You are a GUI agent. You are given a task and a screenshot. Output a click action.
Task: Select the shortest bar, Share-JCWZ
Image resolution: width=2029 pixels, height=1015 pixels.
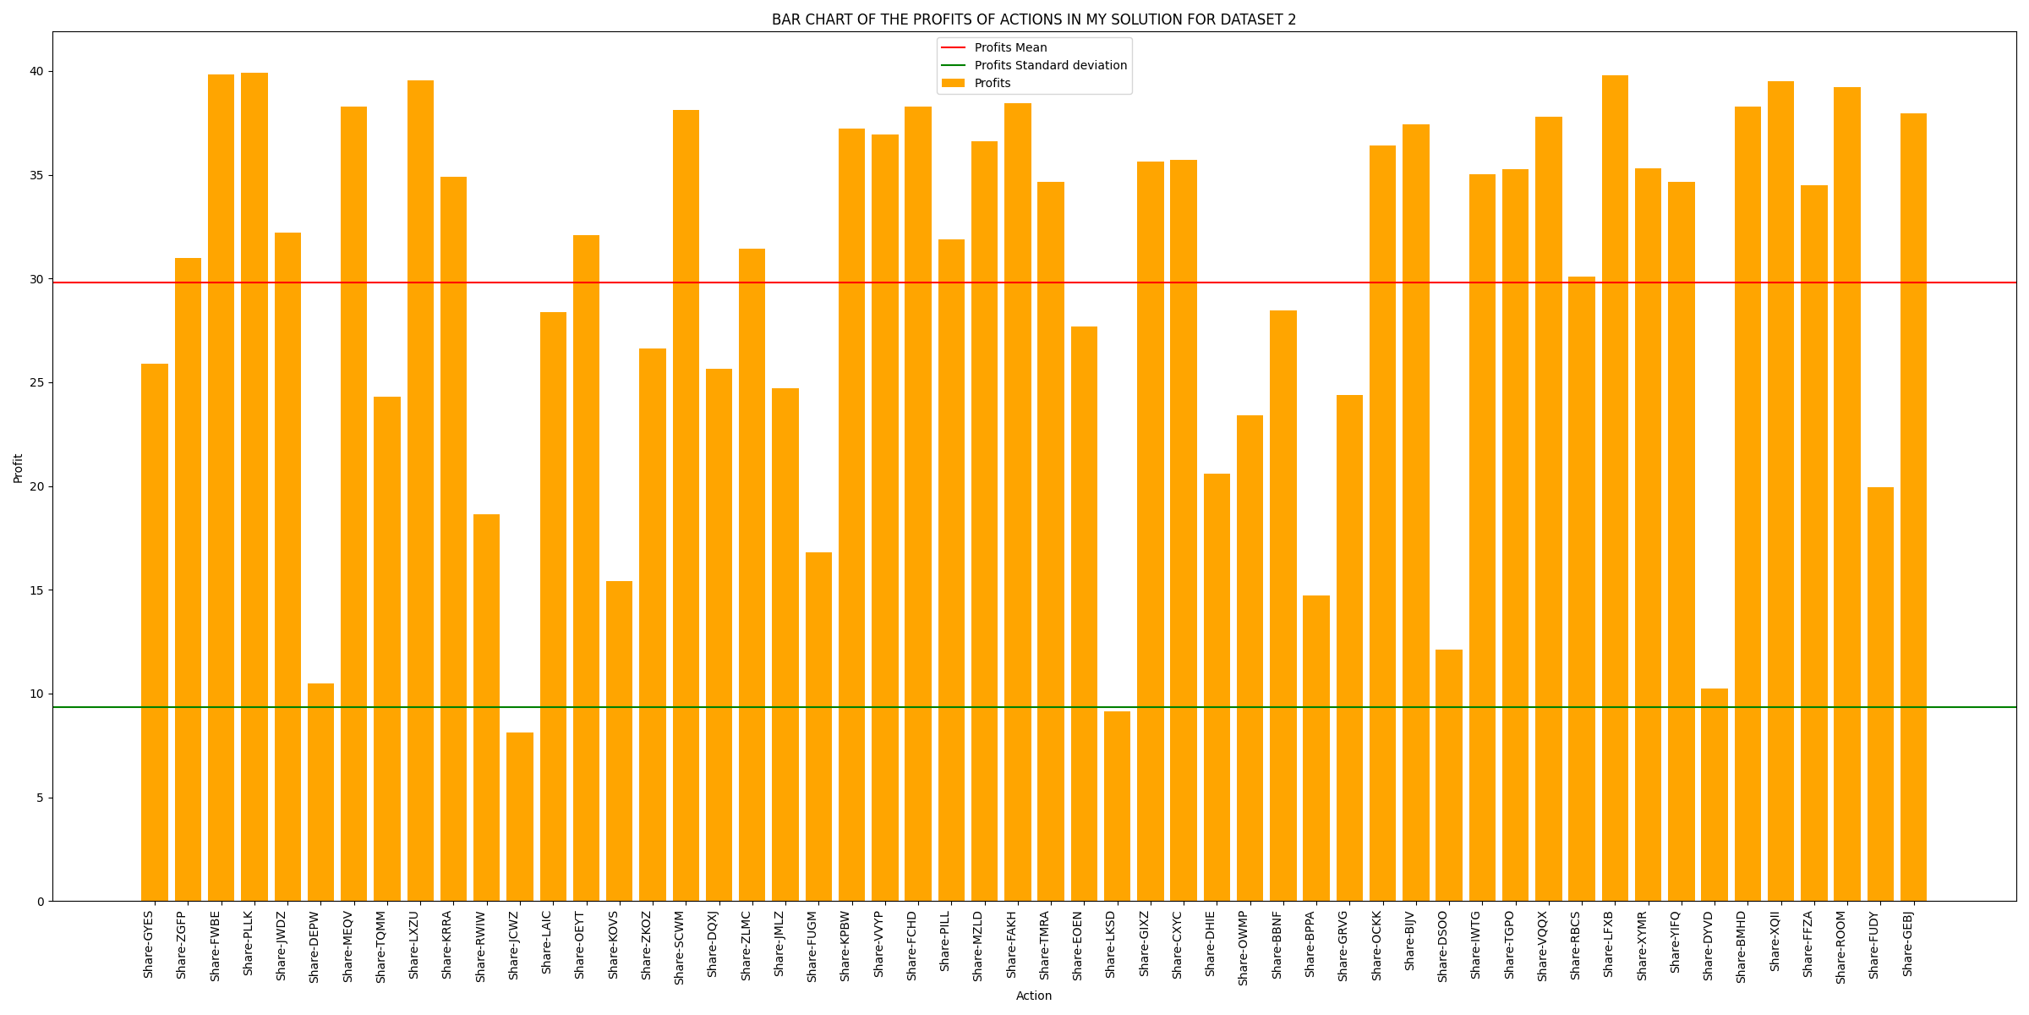(x=520, y=816)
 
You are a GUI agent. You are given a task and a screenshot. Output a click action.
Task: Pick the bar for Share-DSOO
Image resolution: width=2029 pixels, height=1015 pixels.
(x=1449, y=775)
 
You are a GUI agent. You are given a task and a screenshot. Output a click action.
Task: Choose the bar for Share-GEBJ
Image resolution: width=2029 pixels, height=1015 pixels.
(x=1913, y=507)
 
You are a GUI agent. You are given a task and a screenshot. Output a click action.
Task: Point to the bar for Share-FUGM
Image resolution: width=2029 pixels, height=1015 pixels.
(x=818, y=727)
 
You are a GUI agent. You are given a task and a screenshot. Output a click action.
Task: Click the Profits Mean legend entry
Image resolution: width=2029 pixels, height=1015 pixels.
(x=1010, y=48)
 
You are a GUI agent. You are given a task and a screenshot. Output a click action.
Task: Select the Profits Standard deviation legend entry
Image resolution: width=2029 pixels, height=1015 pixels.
(x=1050, y=66)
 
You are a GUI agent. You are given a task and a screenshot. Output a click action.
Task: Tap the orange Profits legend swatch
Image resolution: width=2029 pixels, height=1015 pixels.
(x=953, y=84)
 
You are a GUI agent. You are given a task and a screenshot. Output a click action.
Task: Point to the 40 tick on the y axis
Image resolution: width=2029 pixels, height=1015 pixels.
(x=37, y=72)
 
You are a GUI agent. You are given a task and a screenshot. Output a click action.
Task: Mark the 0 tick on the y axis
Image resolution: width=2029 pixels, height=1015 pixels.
(x=41, y=902)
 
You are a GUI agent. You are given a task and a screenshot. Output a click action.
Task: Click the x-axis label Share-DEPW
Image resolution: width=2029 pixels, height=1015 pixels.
(x=314, y=946)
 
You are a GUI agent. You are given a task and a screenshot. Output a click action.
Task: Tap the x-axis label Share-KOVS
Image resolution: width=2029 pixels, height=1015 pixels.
(x=613, y=945)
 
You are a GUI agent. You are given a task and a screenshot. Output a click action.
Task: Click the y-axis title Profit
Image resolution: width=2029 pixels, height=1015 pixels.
(x=18, y=468)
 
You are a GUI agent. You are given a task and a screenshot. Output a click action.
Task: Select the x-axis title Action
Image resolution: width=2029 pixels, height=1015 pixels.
(x=1034, y=996)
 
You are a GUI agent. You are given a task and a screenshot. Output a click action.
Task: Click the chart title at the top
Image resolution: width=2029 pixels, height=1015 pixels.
(x=1033, y=19)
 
